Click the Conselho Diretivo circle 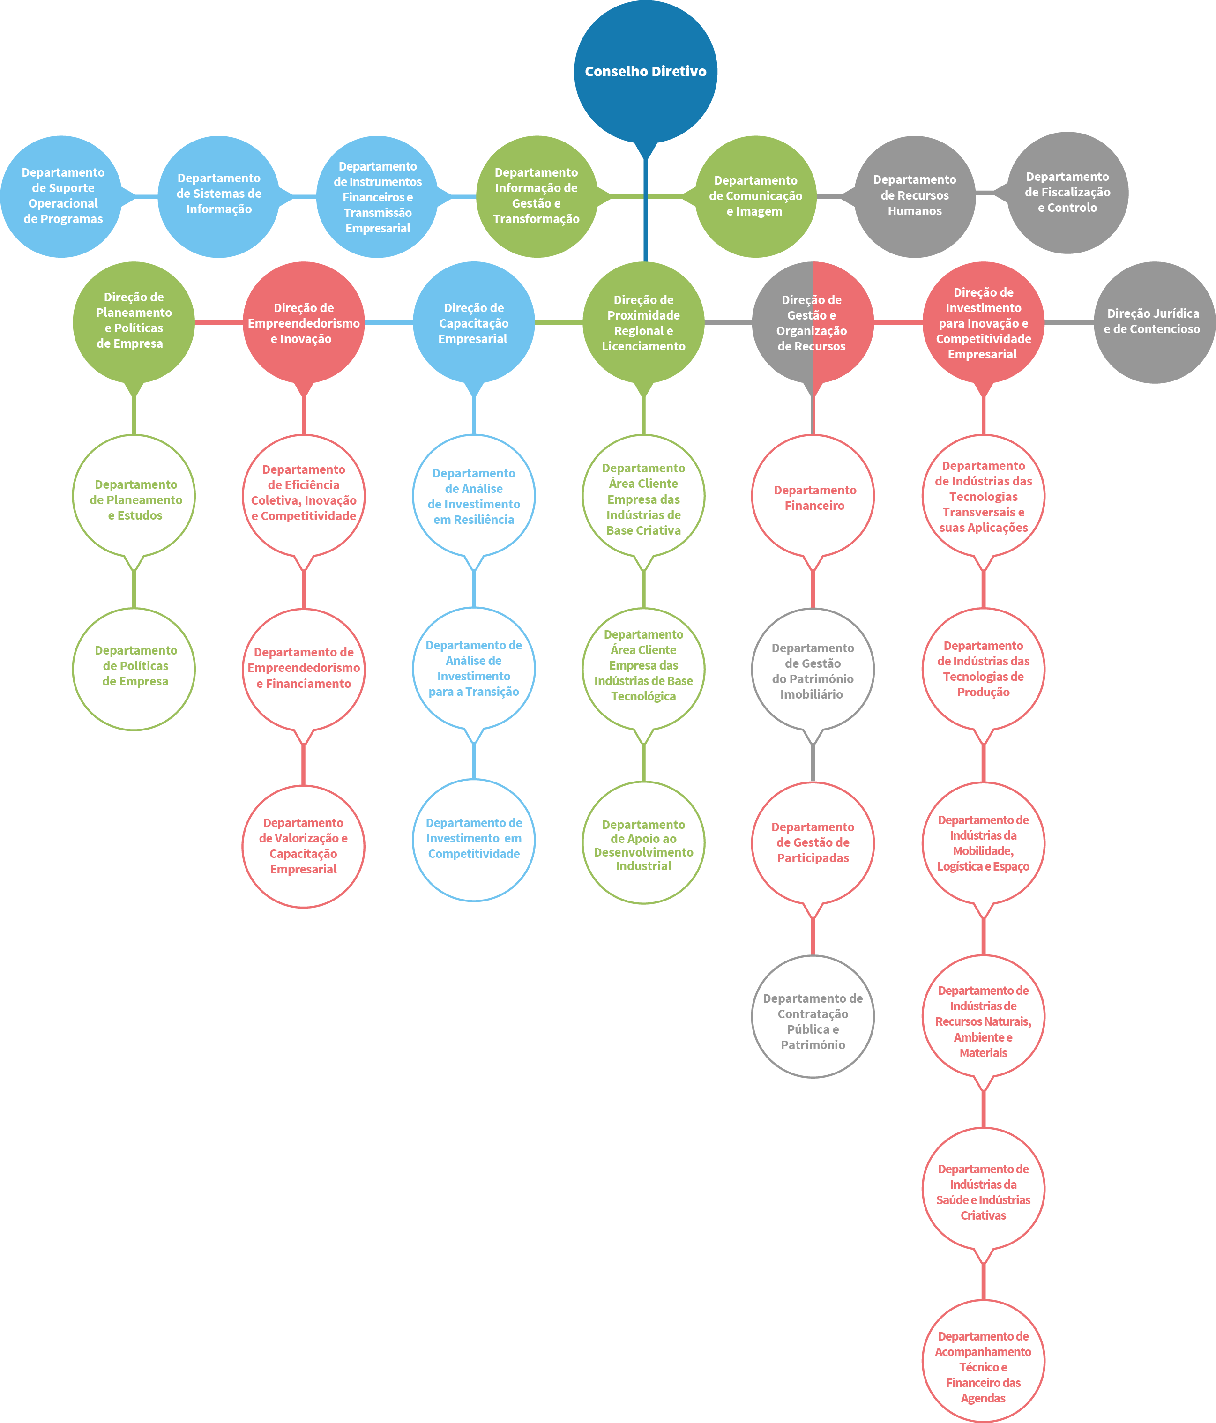[x=645, y=71]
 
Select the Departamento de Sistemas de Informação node [x=218, y=196]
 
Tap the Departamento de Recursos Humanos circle [x=914, y=196]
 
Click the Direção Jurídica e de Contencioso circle [x=1154, y=322]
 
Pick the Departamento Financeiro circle [x=813, y=497]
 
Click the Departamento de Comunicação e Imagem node [x=756, y=196]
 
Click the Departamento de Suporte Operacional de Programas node [x=62, y=196]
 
